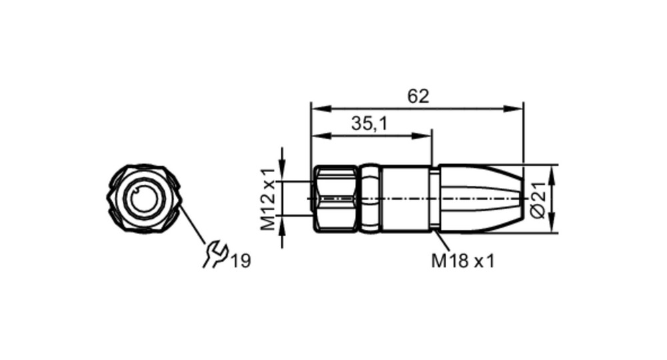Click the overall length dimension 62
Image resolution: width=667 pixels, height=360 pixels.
pyautogui.click(x=418, y=97)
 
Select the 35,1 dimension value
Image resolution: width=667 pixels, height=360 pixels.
pyautogui.click(x=370, y=124)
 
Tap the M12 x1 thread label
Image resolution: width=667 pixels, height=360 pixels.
pyautogui.click(x=268, y=199)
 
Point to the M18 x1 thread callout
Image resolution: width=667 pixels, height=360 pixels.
pyautogui.click(x=464, y=261)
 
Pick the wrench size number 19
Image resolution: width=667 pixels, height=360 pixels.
pyautogui.click(x=241, y=261)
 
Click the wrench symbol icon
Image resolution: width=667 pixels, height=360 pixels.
pyautogui.click(x=215, y=255)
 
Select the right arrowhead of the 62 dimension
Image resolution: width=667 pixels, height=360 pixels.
pyautogui.click(x=513, y=109)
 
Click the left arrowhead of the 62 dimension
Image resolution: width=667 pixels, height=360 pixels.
pyautogui.click(x=321, y=109)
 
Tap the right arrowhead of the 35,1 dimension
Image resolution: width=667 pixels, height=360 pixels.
pyautogui.click(x=422, y=136)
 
